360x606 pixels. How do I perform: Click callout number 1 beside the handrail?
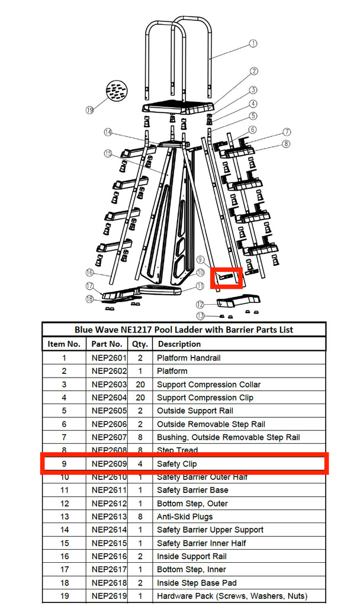click(253, 43)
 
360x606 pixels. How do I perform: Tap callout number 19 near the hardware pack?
click(90, 109)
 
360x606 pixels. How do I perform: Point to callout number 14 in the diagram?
click(108, 132)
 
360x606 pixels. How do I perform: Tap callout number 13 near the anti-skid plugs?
click(201, 315)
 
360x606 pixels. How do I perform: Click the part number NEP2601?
click(109, 357)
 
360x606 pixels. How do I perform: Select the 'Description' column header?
click(179, 344)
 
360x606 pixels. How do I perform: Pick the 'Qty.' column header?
click(140, 344)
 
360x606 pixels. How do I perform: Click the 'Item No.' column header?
click(64, 344)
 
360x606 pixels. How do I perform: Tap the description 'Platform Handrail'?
click(188, 357)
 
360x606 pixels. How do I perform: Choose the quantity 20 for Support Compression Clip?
click(140, 398)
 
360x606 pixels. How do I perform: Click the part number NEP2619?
click(109, 596)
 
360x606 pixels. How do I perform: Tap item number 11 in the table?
click(64, 490)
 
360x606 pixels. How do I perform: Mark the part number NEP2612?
click(109, 504)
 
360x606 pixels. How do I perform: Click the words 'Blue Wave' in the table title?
click(94, 330)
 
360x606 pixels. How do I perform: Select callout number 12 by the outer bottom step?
click(201, 304)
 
